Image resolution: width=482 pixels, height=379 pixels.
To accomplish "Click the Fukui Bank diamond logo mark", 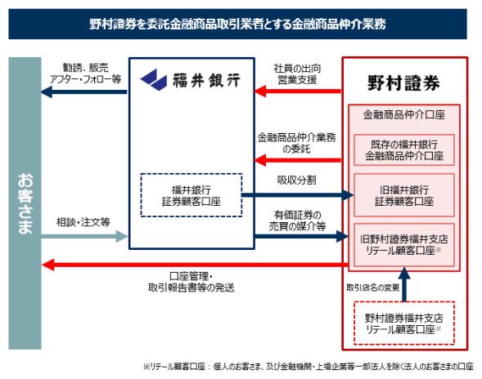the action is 154,80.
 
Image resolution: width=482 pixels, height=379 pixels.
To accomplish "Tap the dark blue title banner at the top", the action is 237,24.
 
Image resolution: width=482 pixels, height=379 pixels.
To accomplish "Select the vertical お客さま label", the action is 25,203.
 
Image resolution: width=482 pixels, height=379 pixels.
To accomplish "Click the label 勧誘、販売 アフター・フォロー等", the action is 85,74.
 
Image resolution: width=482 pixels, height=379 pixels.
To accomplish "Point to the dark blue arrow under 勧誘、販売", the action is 84,91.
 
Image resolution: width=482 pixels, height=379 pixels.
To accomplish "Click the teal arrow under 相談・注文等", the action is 84,236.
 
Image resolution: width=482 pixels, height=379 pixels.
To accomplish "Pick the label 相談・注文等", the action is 83,222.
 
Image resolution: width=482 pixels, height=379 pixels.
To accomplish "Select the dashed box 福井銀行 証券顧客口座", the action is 191,195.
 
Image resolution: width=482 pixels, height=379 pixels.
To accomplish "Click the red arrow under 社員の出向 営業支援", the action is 297,91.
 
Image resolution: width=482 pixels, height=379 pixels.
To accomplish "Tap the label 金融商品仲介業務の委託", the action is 296,143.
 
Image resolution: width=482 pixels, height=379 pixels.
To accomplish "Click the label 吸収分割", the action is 296,181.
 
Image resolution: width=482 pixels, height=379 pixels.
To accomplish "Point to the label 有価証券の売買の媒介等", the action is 297,221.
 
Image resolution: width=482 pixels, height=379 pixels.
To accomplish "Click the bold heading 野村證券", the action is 404,82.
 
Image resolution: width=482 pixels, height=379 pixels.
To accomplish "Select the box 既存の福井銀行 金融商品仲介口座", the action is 404,150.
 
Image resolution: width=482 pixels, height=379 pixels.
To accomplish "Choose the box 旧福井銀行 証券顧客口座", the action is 404,195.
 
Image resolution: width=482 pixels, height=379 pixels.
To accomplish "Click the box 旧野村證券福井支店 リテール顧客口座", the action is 404,245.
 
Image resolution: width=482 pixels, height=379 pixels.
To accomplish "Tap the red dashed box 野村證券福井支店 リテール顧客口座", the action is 404,323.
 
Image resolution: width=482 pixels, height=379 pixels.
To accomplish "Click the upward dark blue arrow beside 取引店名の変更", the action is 404,284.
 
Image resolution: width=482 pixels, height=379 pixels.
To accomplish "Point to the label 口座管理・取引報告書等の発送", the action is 191,282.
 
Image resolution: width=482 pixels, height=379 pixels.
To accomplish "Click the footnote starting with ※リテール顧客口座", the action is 308,367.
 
